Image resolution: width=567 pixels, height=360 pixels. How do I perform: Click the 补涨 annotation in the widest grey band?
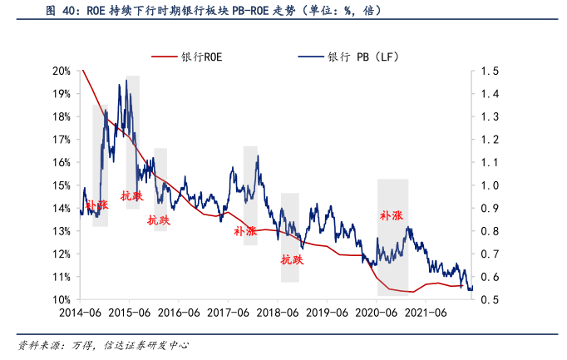[392, 215]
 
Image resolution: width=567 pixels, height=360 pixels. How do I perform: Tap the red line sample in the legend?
[165, 57]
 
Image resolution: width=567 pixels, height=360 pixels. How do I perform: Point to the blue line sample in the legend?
[310, 57]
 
